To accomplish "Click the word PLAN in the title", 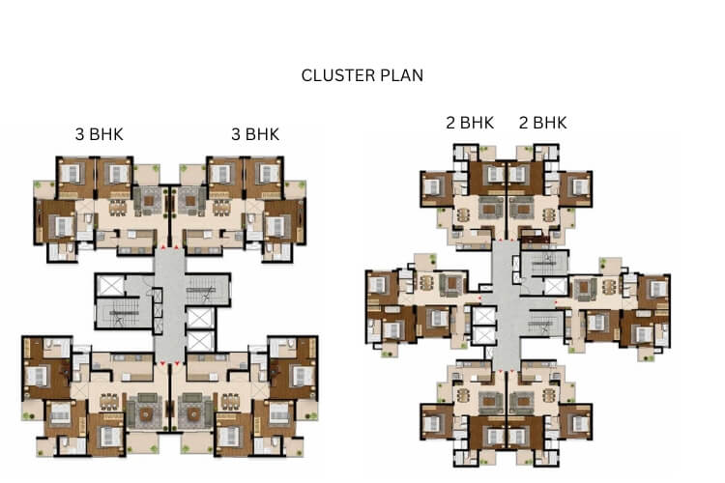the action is click(401, 75).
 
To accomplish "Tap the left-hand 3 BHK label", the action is click(100, 134).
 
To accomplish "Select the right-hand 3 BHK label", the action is click(255, 134).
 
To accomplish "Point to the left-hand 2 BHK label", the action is click(470, 123).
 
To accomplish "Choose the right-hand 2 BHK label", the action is click(543, 123).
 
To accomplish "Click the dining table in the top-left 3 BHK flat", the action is click(117, 209).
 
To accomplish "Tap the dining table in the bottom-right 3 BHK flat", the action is click(230, 401).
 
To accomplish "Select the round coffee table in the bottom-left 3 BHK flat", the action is click(146, 414).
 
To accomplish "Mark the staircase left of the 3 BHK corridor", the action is click(124, 313).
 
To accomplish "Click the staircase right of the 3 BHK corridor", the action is click(207, 290).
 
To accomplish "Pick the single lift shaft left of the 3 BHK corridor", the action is click(110, 285).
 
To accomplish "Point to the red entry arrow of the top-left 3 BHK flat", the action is click(163, 247).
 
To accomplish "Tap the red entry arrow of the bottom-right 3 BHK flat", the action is click(177, 364).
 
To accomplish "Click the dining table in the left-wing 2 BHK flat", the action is click(426, 283).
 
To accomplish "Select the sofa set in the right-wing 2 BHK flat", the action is click(585, 289).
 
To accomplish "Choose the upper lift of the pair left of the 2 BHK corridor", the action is click(484, 315).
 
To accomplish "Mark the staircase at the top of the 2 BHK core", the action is click(544, 263).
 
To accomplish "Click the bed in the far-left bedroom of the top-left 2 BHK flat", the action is click(432, 186).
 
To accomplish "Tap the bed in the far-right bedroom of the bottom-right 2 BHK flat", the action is click(580, 423).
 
